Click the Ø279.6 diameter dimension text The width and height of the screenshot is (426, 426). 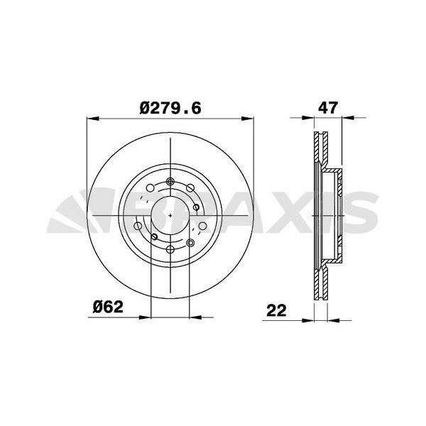172,108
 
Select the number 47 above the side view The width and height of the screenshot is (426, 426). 327,108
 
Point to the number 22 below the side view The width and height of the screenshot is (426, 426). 277,310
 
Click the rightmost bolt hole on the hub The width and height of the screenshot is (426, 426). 203,226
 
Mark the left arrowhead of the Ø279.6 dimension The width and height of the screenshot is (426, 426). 90,118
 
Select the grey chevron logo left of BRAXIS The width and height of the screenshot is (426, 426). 75,212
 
